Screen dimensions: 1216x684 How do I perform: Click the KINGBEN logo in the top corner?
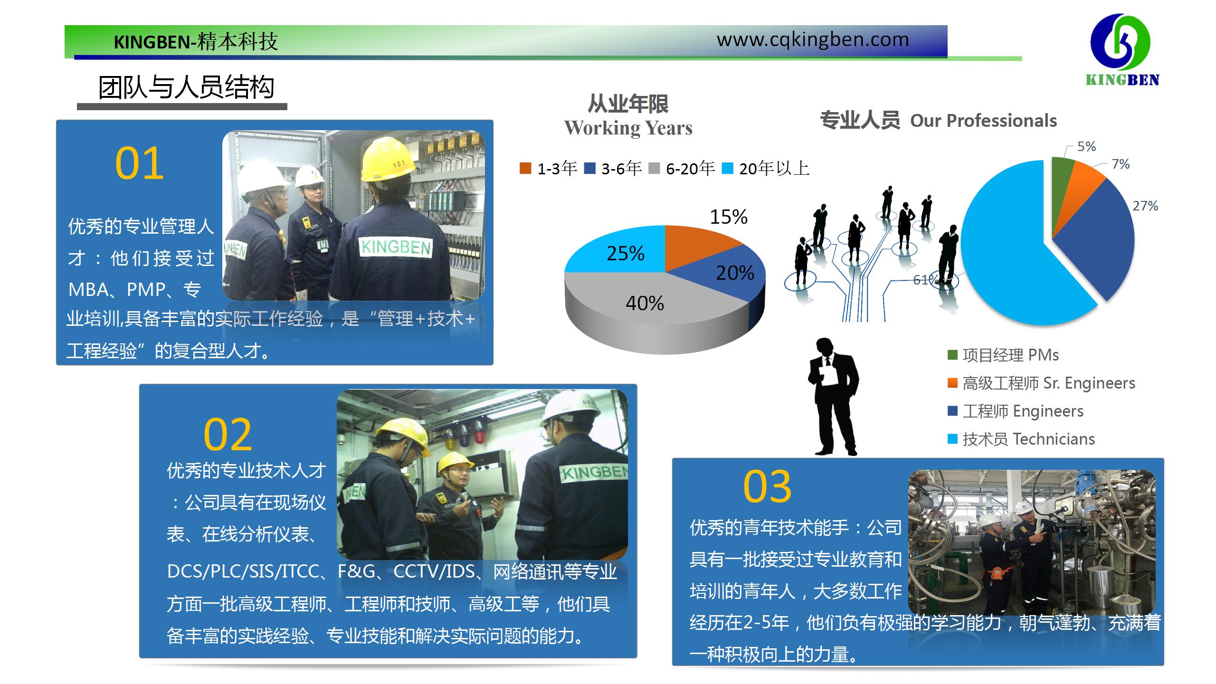coord(1122,50)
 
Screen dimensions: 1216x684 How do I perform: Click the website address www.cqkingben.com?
coord(813,40)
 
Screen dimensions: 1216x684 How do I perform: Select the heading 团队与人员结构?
coord(186,87)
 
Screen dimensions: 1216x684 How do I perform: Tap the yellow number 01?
coord(139,163)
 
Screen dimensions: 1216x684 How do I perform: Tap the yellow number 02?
coord(228,435)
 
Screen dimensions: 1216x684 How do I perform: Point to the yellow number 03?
coord(767,486)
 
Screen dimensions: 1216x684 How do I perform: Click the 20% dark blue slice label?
coord(735,273)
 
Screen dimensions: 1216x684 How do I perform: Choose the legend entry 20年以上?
coord(766,168)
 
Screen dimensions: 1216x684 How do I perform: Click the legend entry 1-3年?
coord(549,168)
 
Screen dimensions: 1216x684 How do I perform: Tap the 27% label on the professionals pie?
coord(1145,206)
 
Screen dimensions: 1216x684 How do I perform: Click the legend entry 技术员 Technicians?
coord(1021,439)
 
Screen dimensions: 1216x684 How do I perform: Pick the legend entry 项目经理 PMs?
coord(1003,355)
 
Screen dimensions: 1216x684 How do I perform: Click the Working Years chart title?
coord(628,116)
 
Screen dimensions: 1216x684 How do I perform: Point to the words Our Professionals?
coord(984,121)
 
